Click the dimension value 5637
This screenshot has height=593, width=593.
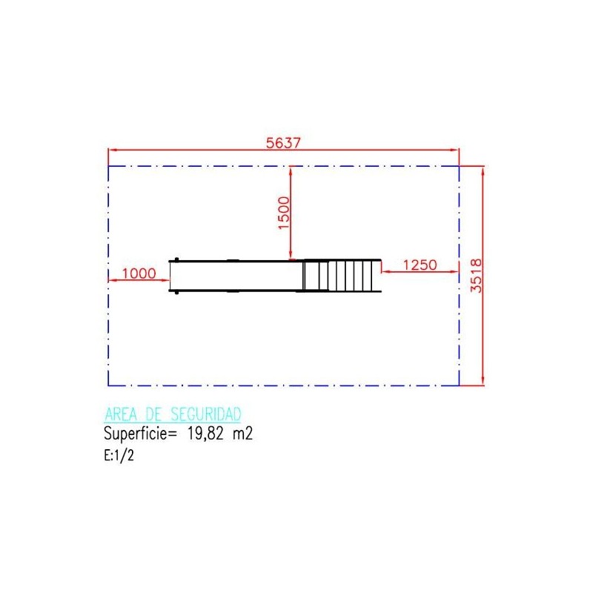pos(283,143)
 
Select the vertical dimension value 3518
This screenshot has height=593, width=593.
pos(477,276)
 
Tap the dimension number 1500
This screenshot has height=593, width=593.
pos(284,213)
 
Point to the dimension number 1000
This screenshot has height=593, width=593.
pos(139,273)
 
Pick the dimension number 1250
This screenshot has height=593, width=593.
pos(420,265)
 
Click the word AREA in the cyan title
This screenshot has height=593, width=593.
pos(121,414)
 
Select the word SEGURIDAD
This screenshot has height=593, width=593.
pos(206,414)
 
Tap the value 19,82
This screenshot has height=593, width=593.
pos(206,434)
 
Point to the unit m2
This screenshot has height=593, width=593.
pos(242,434)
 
